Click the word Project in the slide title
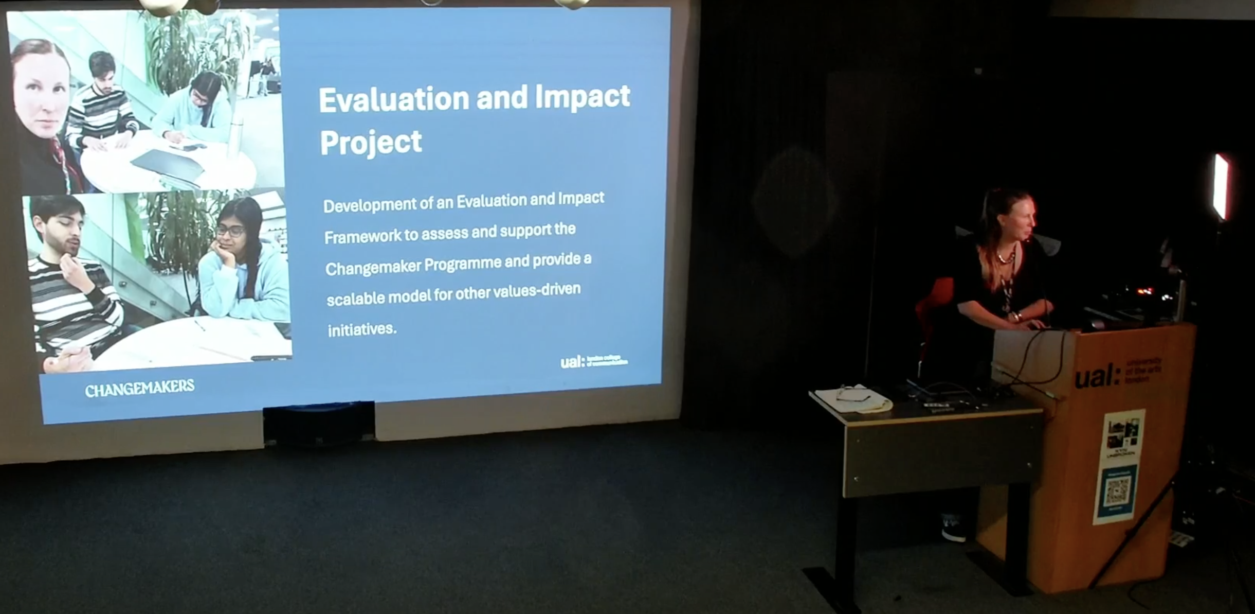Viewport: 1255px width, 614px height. pos(371,143)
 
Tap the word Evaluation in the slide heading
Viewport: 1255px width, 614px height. pos(394,99)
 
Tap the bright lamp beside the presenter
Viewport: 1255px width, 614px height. pos(1221,185)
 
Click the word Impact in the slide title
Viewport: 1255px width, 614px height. pos(582,97)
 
